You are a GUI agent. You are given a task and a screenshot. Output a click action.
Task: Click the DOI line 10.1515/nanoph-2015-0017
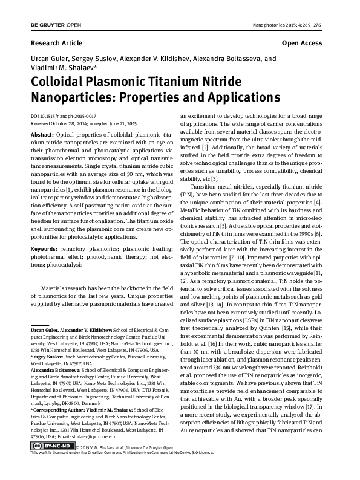tap(72, 115)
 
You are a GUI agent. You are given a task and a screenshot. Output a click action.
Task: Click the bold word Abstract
tap(42, 134)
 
